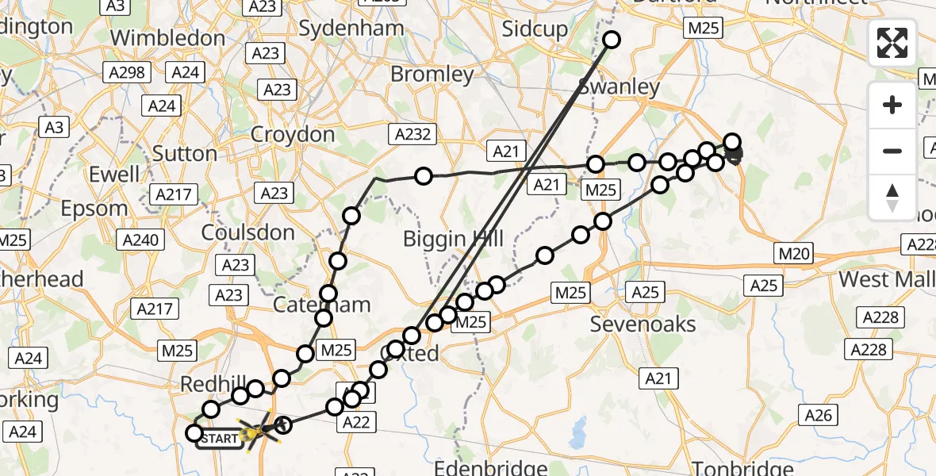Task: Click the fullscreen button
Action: click(x=892, y=42)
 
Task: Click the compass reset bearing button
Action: click(x=892, y=198)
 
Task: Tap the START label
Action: click(x=220, y=438)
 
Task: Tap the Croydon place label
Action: click(x=293, y=134)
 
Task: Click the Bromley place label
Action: click(x=432, y=75)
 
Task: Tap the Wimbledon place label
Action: click(x=167, y=37)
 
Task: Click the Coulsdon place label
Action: click(x=248, y=232)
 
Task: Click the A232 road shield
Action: click(x=412, y=133)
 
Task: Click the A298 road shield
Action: click(x=126, y=73)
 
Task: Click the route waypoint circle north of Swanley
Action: click(x=612, y=40)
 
